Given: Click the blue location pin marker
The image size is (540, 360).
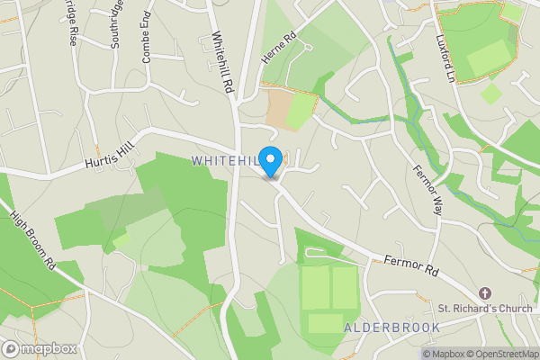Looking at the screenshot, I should click(270, 161).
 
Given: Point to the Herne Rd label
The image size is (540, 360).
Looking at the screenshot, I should click(278, 49).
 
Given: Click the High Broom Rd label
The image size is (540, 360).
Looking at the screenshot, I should click(33, 242).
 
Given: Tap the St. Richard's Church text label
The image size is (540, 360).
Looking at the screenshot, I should click(486, 310).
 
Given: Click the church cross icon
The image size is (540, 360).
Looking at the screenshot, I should click(485, 293).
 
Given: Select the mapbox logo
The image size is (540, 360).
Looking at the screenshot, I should click(38, 348).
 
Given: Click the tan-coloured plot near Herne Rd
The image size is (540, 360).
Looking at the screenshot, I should click(288, 109).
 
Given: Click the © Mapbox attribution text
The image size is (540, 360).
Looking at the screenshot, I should click(443, 354).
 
